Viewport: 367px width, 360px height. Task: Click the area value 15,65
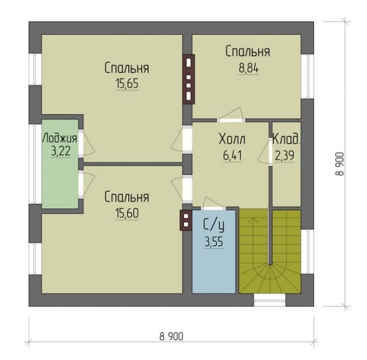(127, 84)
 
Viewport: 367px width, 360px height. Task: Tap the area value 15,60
(127, 213)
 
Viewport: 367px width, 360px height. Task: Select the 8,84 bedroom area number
(248, 68)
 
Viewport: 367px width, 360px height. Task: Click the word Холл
(232, 139)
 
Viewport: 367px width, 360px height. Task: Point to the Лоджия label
(60, 138)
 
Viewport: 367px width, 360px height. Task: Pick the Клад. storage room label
(286, 139)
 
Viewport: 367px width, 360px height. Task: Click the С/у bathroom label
(213, 225)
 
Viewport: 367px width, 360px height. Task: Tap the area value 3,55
(213, 242)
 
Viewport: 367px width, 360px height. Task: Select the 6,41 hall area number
(232, 156)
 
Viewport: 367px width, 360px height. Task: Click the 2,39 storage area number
(285, 156)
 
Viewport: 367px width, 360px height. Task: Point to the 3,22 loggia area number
(60, 151)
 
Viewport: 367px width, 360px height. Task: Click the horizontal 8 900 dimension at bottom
(171, 337)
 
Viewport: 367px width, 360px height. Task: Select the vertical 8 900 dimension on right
(339, 164)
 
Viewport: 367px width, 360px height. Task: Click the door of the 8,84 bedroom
(231, 115)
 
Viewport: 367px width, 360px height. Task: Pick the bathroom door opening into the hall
(213, 204)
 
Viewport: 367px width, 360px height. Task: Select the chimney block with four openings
(189, 80)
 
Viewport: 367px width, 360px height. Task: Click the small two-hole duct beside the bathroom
(186, 220)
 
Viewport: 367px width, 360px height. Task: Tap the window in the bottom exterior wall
(270, 300)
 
